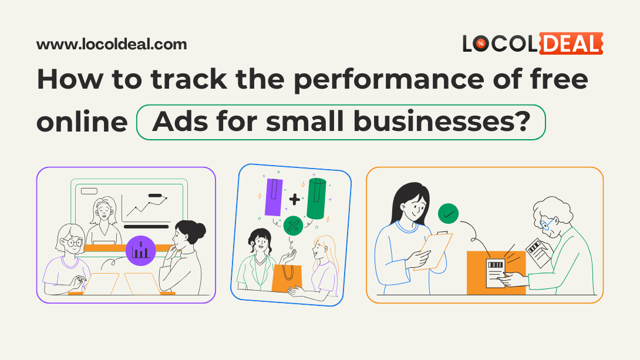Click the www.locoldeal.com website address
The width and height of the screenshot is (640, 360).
112,44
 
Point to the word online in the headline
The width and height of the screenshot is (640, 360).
82,122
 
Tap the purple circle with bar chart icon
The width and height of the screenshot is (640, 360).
140,250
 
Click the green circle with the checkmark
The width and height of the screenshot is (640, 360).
449,214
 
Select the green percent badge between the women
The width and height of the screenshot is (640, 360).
293,225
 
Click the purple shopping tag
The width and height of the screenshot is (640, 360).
274,196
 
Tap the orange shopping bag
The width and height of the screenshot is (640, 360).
288,278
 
